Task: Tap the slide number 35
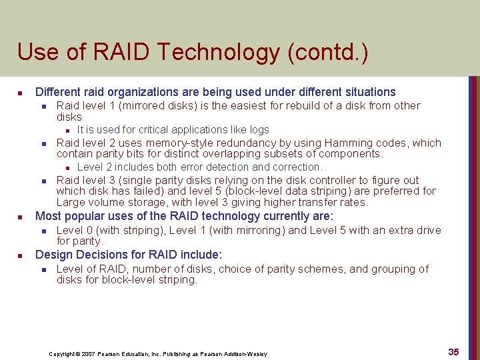453,352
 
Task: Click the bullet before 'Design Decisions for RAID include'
21,255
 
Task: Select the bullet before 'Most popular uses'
21,217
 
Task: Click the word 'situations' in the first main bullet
370,92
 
